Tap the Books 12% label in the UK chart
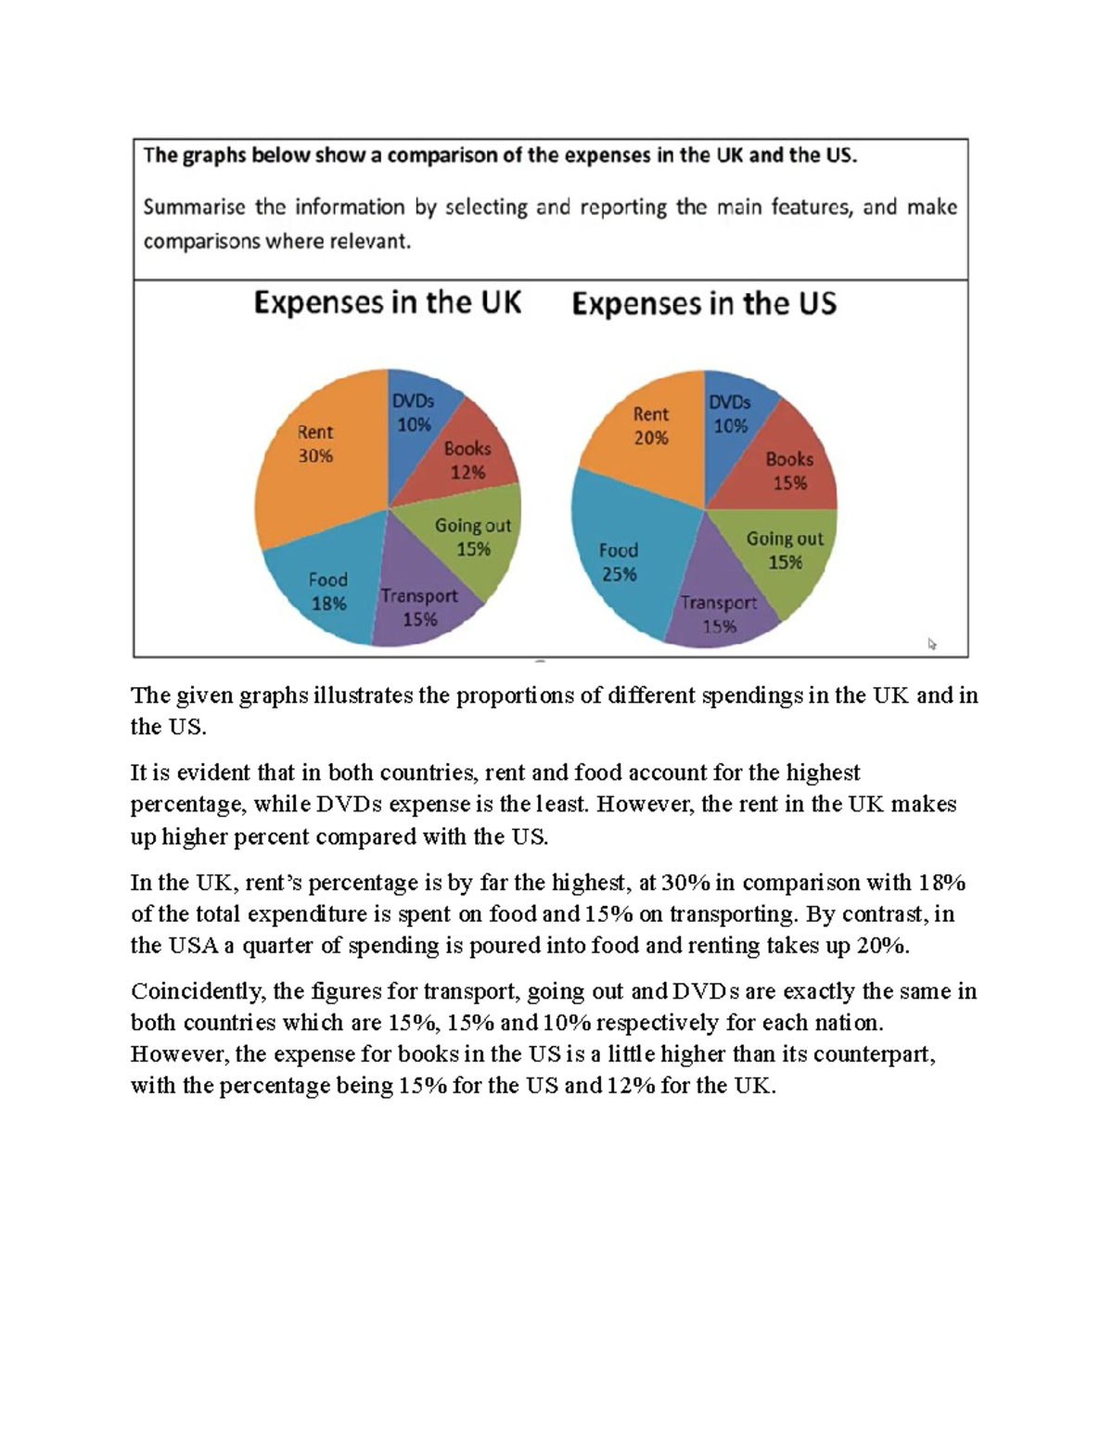click(x=467, y=460)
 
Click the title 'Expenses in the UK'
click(x=388, y=303)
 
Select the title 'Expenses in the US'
click(x=704, y=304)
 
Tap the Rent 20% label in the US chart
click(x=651, y=426)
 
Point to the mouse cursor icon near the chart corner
click(x=932, y=644)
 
